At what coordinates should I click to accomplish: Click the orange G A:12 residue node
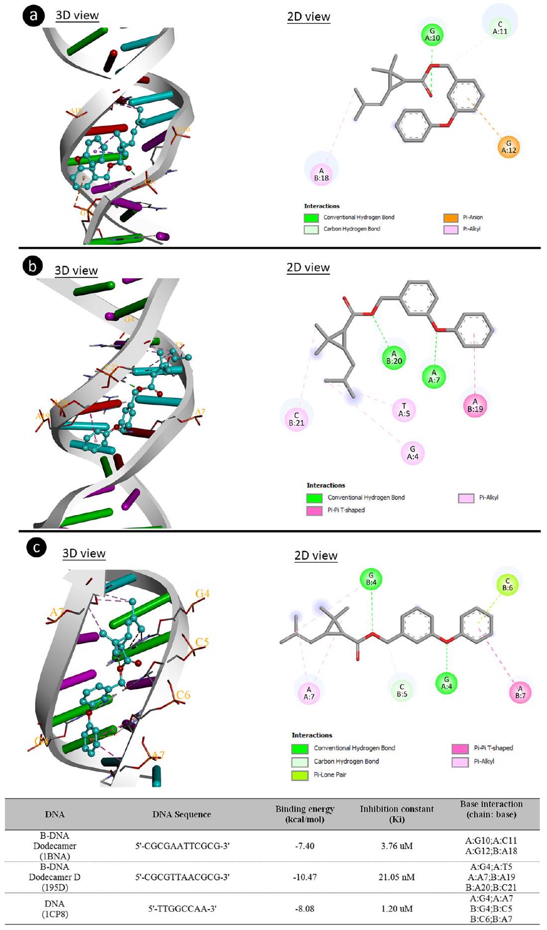509,147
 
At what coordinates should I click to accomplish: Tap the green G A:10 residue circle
432,34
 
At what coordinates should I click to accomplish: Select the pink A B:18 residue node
321,174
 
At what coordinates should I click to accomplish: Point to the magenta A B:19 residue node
475,405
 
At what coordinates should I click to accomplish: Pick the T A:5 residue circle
404,410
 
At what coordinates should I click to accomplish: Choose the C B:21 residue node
296,419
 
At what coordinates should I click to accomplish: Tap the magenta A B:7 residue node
520,692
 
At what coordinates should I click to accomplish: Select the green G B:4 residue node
371,579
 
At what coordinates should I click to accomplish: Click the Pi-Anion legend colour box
450,218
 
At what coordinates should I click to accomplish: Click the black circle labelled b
33,266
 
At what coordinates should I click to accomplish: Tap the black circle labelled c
36,548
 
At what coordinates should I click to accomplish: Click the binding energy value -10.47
304,877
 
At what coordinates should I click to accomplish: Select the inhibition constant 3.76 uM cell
397,846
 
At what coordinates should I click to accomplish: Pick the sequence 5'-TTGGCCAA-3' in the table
182,909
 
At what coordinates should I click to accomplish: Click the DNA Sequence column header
182,814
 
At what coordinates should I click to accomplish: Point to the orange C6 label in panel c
183,695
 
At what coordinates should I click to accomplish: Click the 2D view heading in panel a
308,17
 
